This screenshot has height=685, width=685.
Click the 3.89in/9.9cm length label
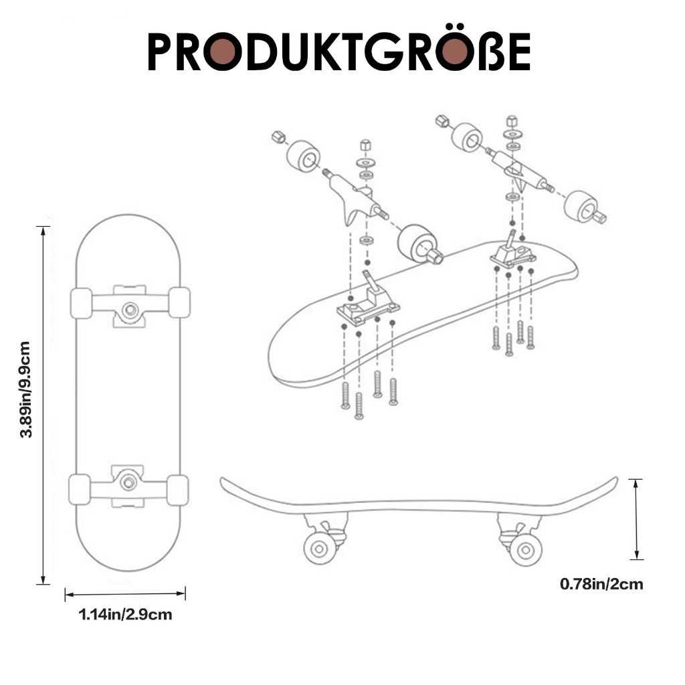(x=25, y=390)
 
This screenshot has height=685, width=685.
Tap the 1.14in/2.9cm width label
(x=125, y=615)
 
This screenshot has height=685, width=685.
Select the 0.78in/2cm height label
(x=601, y=584)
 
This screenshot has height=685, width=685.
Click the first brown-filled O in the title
(x=222, y=51)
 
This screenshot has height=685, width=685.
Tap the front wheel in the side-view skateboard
(x=526, y=551)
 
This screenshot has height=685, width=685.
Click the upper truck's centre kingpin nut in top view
(x=130, y=310)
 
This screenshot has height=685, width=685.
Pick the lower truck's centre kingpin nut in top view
(x=128, y=482)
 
